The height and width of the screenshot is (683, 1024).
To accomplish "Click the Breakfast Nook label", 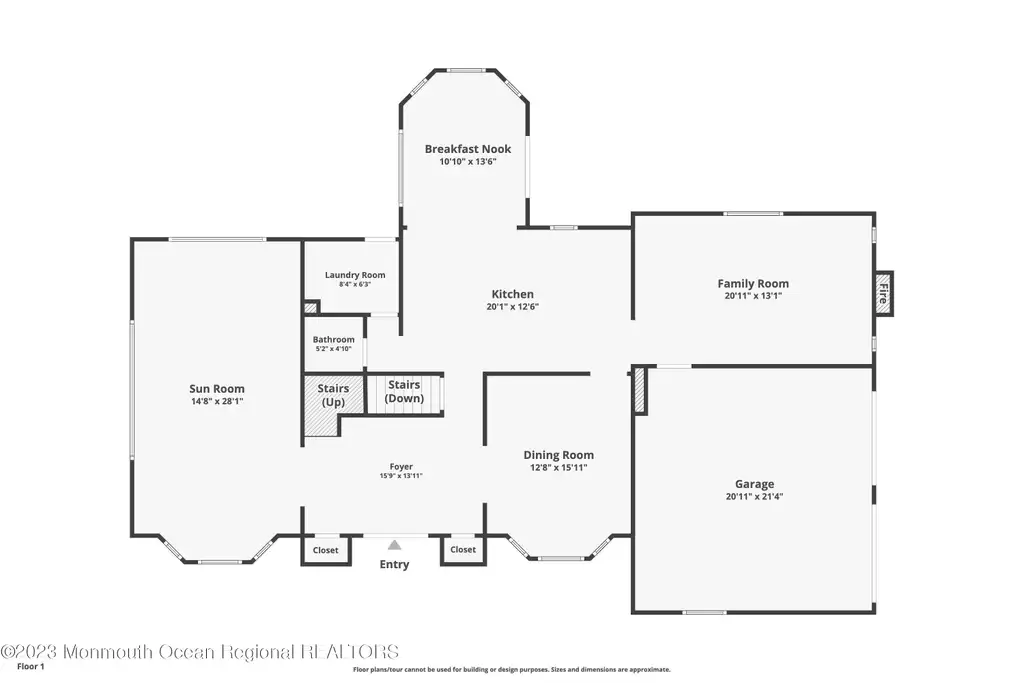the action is (x=468, y=149).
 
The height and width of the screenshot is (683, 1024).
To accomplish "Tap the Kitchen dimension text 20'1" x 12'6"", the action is (x=513, y=306).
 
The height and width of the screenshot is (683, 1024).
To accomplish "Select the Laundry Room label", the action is (x=355, y=275).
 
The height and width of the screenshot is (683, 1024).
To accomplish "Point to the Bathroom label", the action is (x=333, y=340).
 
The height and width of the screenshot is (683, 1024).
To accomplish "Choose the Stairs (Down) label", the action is (x=404, y=391).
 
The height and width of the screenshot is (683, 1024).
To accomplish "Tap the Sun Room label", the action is (x=217, y=389).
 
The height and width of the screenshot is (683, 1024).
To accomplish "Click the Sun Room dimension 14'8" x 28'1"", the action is (x=217, y=402).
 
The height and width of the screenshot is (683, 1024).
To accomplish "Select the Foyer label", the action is (x=401, y=466).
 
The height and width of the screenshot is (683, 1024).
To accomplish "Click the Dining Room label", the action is (x=558, y=455).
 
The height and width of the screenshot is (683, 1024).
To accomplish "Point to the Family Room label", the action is (x=753, y=283).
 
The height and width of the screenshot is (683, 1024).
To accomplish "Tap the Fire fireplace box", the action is (x=884, y=293).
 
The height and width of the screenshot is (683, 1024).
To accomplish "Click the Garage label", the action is (x=754, y=484).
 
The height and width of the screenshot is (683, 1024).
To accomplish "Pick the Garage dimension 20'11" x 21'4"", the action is (x=754, y=496).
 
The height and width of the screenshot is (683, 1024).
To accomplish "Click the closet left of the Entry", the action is (x=325, y=550).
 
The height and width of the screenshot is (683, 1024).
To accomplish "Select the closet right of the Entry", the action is (x=463, y=549).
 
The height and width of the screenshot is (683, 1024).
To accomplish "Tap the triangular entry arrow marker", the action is (x=394, y=545).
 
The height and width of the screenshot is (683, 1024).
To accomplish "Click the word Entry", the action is (x=394, y=564).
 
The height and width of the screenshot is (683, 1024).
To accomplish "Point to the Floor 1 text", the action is (x=31, y=667).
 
